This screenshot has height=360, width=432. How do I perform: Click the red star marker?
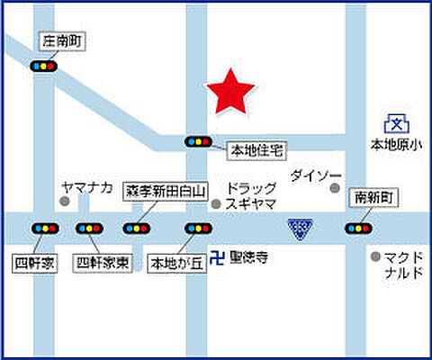[230, 92]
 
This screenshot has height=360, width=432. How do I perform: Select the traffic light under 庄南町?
[44, 67]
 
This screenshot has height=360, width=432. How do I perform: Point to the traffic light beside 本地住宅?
[198, 141]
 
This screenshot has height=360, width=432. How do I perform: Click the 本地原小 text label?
[396, 144]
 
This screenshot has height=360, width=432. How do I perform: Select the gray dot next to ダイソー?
[335, 189]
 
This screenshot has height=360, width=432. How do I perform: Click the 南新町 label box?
[374, 196]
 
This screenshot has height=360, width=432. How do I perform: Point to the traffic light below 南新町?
[357, 228]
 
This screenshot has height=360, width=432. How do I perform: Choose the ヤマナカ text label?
[86, 187]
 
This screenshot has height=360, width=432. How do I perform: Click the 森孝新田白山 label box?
[166, 191]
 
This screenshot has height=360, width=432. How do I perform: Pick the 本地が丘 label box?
[175, 264]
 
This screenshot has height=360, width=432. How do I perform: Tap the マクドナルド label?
[400, 264]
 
